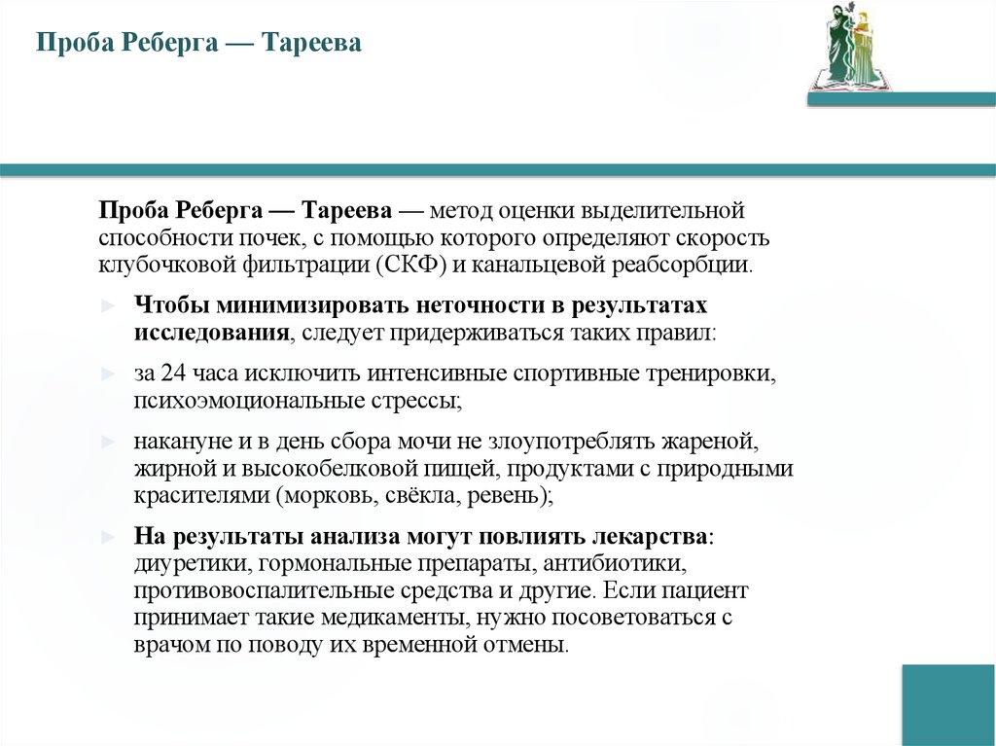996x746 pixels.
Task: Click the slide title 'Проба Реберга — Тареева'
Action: (x=198, y=44)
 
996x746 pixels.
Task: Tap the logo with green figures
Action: (x=848, y=47)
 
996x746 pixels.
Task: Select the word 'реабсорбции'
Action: (x=694, y=265)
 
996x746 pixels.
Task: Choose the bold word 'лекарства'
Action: (x=650, y=537)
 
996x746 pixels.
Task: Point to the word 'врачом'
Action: (x=167, y=645)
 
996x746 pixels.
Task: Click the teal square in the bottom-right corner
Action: (x=947, y=704)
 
